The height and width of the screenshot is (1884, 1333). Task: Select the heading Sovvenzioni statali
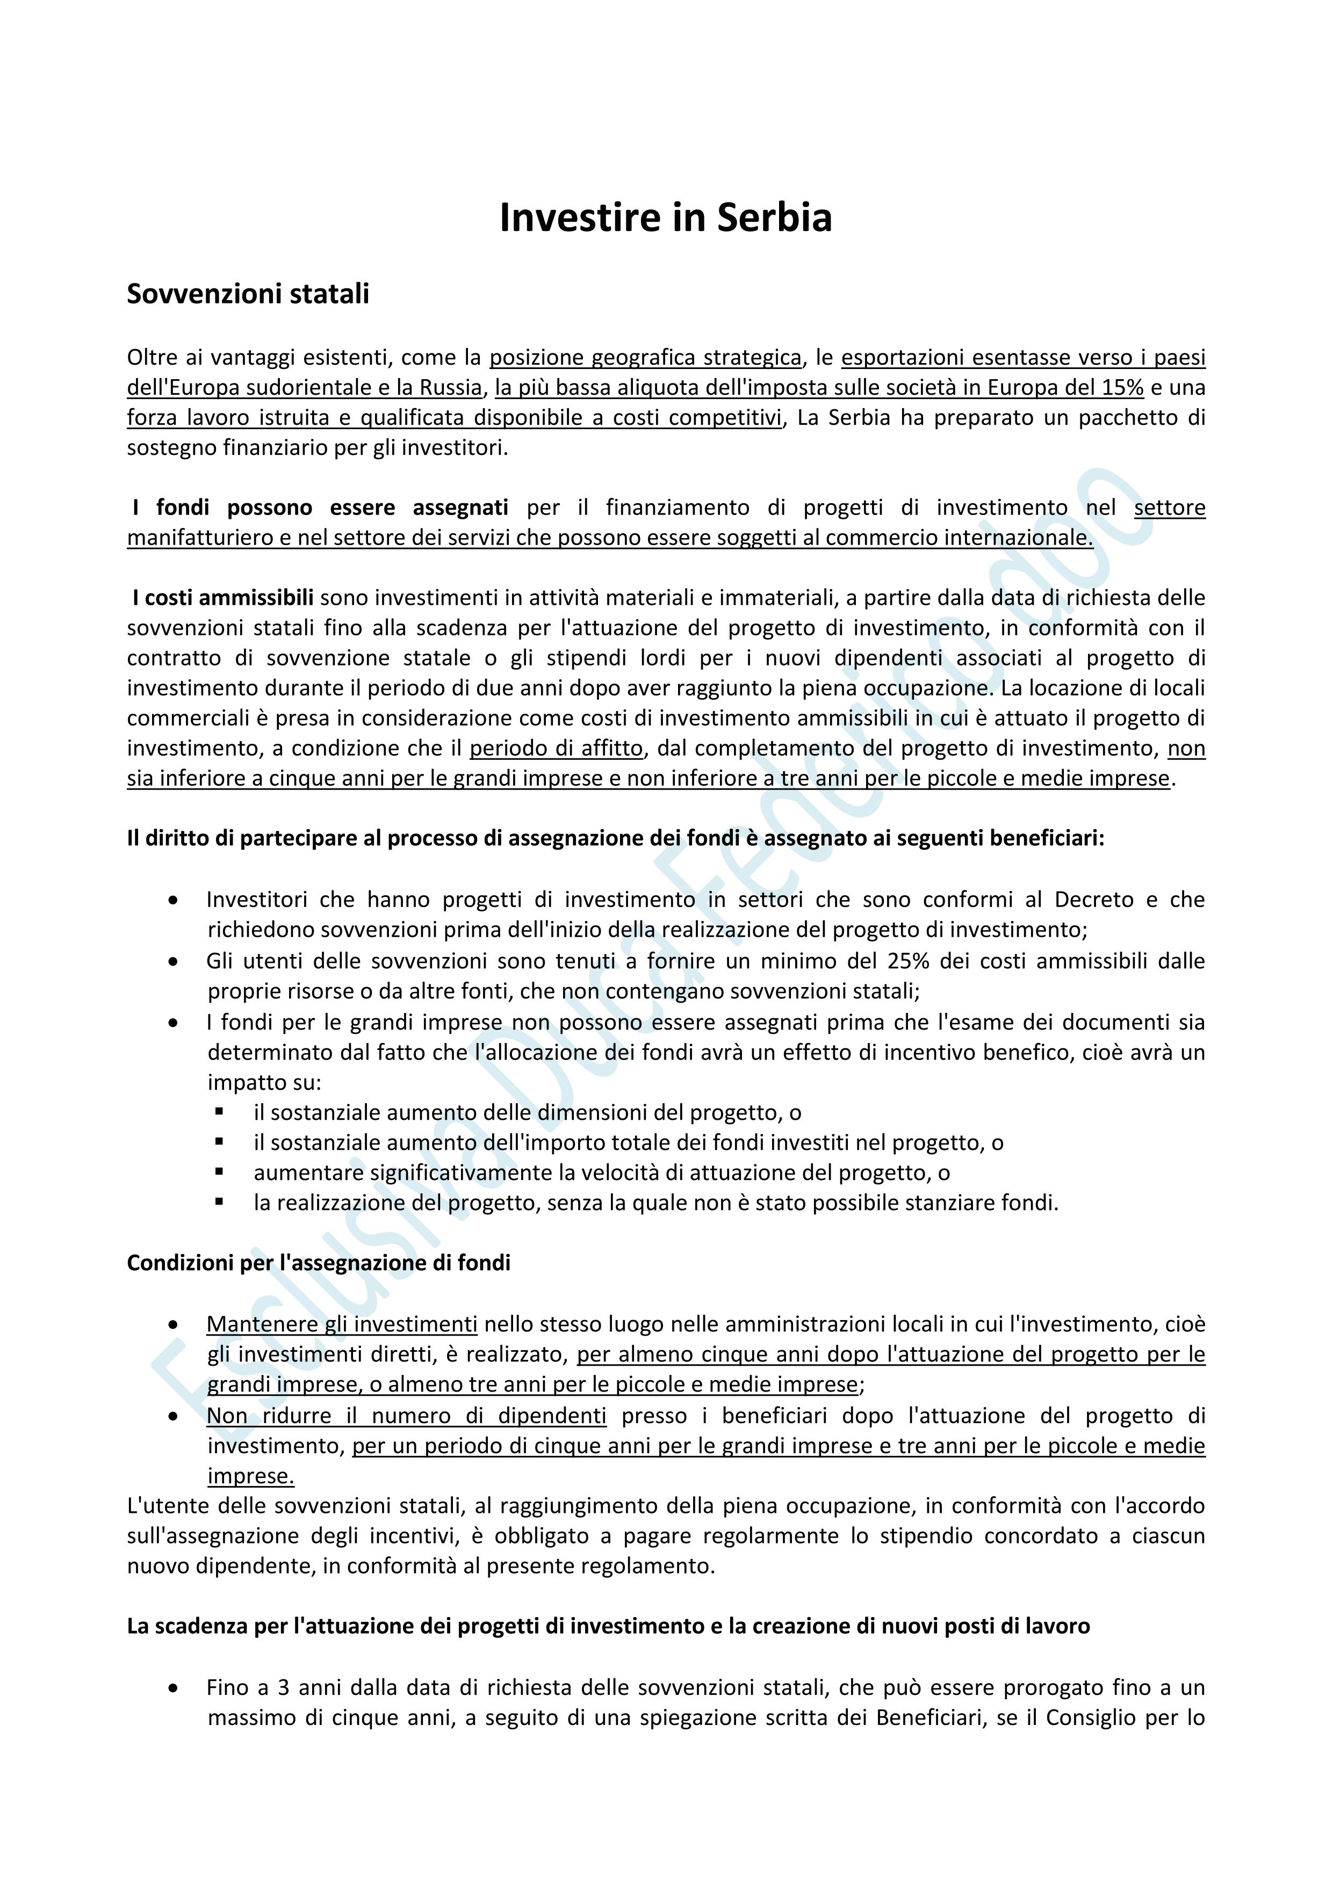tap(248, 294)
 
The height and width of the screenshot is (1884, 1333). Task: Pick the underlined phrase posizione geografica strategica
tap(645, 358)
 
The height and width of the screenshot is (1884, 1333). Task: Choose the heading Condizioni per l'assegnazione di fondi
tap(319, 1263)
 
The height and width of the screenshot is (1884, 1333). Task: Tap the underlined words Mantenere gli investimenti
tap(342, 1324)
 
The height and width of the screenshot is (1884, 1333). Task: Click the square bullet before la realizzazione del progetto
tap(219, 1202)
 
